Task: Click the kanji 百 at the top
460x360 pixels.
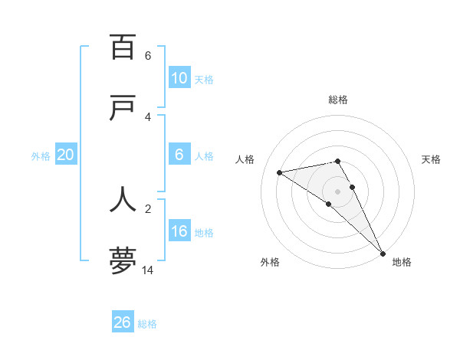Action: [123, 47]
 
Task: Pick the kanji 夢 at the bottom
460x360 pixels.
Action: [123, 261]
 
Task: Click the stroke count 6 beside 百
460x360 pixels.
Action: [148, 55]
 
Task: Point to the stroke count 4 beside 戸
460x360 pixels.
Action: [148, 116]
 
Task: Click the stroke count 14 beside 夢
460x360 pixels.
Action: [148, 270]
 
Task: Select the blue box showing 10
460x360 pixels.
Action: [179, 78]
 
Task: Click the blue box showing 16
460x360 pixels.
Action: [179, 231]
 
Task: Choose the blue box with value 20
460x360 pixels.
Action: [65, 155]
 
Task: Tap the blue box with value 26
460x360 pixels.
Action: [122, 322]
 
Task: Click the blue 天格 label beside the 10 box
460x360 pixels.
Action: [204, 79]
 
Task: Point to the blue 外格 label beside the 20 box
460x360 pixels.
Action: [41, 155]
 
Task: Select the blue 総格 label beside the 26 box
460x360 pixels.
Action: [147, 323]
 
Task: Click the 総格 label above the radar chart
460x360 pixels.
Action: [338, 100]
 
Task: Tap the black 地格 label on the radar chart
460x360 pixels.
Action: [402, 262]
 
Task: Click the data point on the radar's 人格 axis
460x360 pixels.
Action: [280, 172]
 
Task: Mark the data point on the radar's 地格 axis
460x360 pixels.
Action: [383, 254]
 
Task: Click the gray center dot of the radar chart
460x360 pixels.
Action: [338, 191]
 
